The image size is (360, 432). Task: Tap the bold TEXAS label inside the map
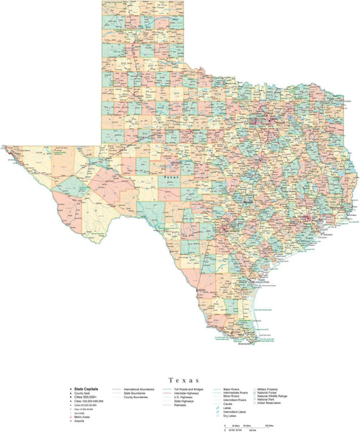click(171, 175)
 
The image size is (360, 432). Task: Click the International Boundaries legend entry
click(140, 389)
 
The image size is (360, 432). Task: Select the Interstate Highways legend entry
click(189, 393)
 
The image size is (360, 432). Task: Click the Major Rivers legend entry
click(233, 389)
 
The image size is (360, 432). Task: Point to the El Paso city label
click(15, 152)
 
